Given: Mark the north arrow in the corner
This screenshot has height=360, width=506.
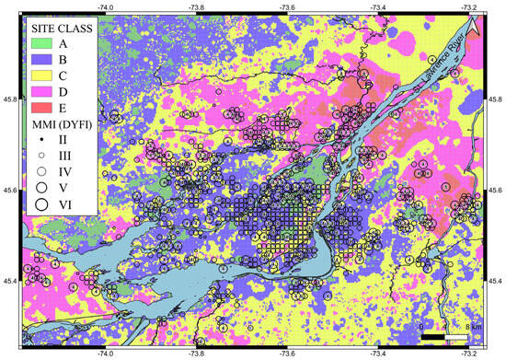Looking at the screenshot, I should click(472, 29).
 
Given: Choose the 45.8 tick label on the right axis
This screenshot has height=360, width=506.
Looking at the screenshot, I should click(495, 99).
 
